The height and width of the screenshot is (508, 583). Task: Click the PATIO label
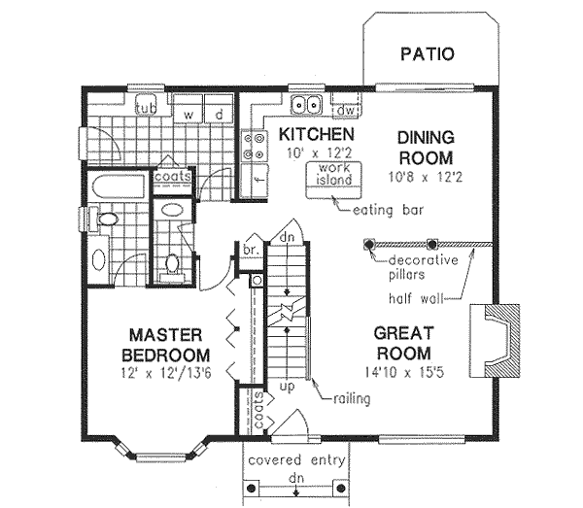(x=427, y=53)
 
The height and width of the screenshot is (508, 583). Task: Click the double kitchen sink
(x=308, y=104)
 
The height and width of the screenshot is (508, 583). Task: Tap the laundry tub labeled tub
(x=148, y=107)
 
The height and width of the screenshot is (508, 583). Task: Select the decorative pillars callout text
(x=423, y=267)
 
